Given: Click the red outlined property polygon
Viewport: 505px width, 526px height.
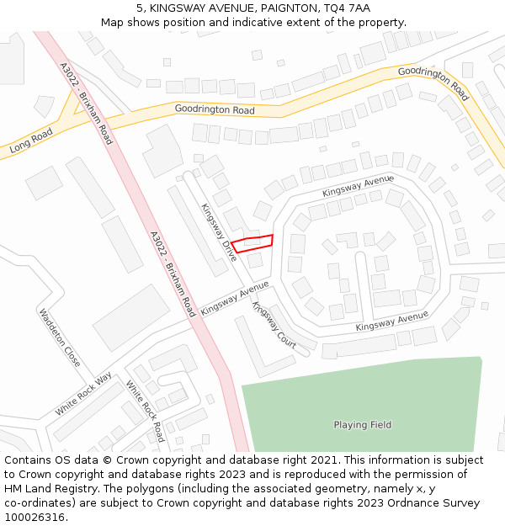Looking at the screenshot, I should click(x=252, y=242).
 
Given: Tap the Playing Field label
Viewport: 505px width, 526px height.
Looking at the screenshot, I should click(x=362, y=425).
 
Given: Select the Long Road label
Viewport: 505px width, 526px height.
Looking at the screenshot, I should click(x=31, y=141).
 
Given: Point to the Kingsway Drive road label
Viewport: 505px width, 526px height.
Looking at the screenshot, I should click(x=218, y=231).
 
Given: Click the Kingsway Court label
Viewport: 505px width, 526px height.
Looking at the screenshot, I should click(x=274, y=327).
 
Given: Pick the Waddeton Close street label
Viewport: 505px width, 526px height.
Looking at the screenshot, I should click(x=60, y=337).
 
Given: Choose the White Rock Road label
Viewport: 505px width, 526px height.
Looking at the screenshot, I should click(x=145, y=412).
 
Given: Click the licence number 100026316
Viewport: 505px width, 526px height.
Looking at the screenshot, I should click(x=35, y=518).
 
